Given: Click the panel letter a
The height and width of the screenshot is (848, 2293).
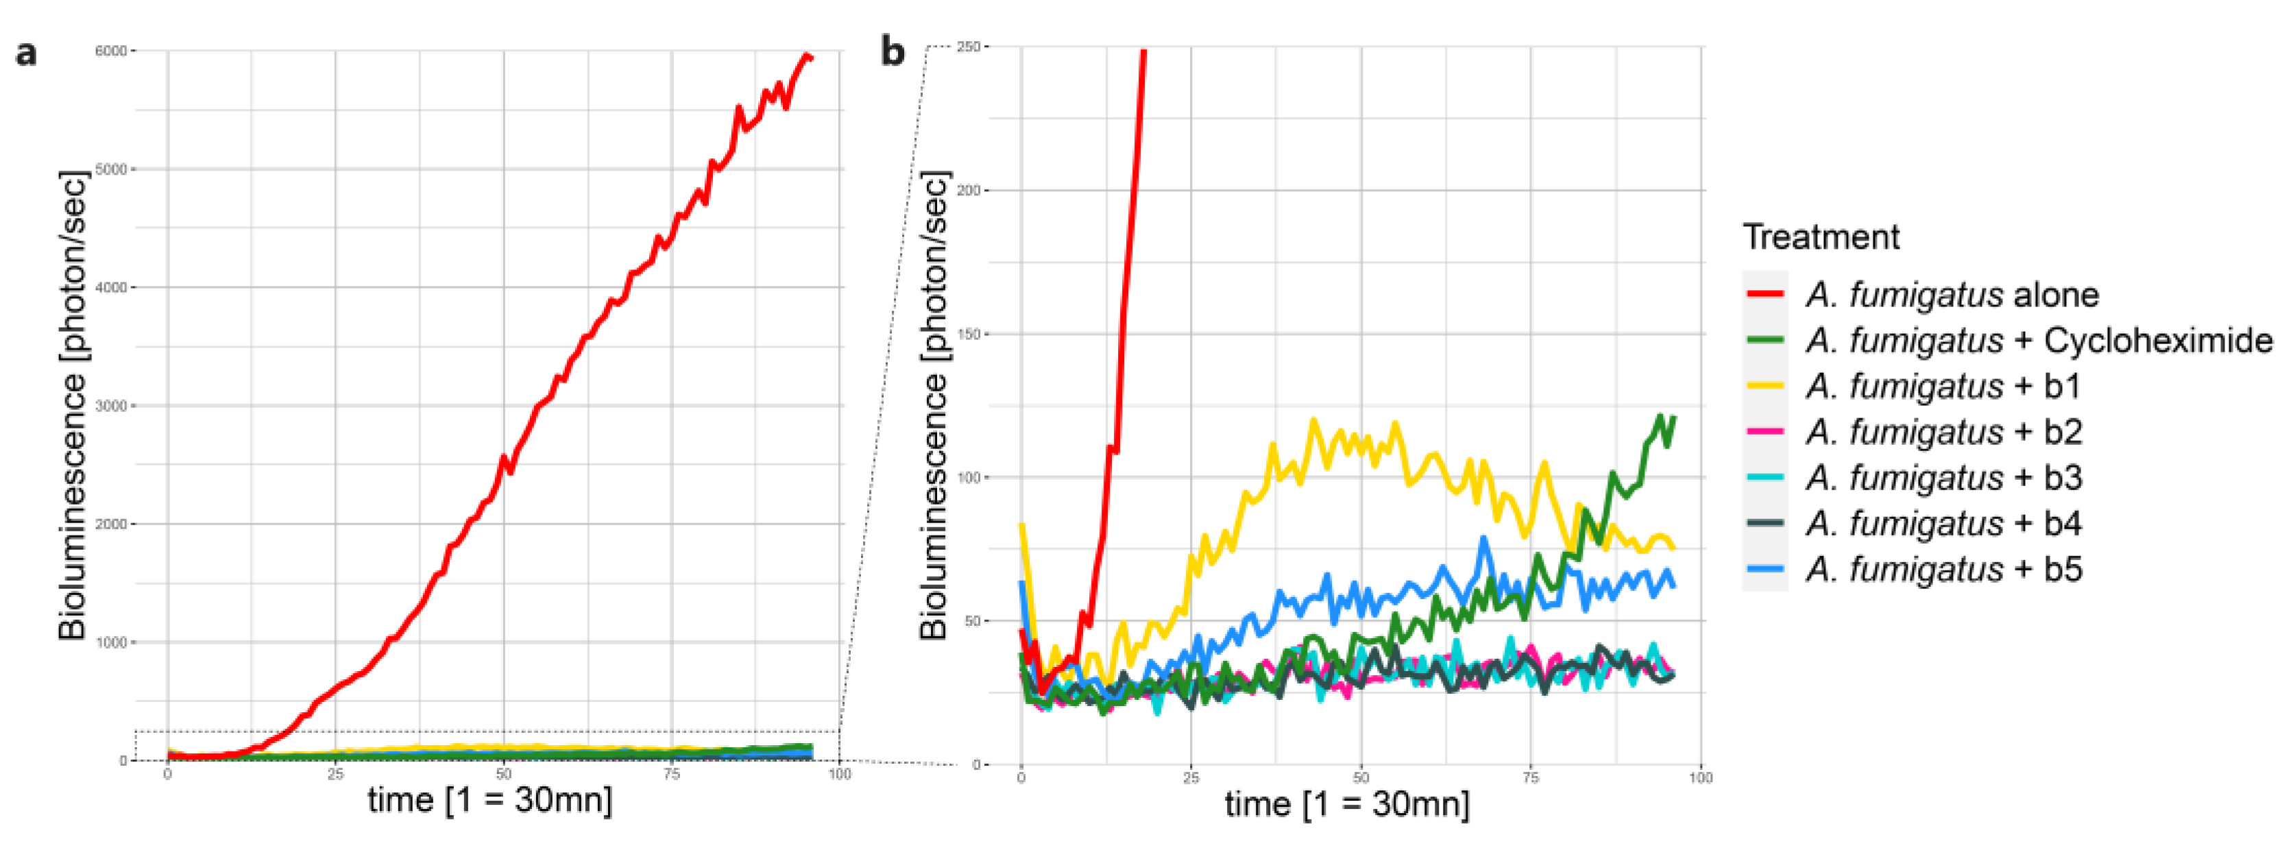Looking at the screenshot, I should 27,54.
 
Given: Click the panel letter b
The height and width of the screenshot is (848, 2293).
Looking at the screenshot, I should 892,51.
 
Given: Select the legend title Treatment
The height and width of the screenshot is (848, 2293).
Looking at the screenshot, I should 1820,237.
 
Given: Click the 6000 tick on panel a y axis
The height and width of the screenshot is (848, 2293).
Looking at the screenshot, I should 110,51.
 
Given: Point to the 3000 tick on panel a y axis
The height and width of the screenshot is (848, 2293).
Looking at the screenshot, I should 110,406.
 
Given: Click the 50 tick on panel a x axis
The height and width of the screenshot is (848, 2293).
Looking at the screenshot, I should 504,774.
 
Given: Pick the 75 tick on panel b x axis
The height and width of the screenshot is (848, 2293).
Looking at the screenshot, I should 1530,777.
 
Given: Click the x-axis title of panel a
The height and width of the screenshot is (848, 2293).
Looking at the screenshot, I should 489,800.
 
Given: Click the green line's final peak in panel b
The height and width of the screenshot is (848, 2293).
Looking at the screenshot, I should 1659,415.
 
